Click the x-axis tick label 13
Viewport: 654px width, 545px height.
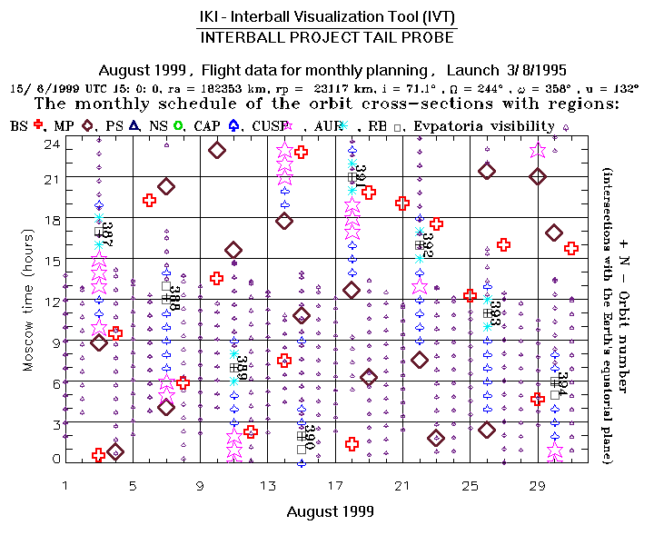267,487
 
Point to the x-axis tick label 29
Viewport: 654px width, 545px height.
537,487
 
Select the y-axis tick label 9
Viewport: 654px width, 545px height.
55,341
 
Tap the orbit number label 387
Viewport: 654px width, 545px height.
106,232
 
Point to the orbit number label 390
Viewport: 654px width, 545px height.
309,437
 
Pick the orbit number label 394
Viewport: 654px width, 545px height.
562,385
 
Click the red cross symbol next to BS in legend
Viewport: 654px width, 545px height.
38,125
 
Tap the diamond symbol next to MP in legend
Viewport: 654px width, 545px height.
88,125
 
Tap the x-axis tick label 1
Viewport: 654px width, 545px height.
65,487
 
